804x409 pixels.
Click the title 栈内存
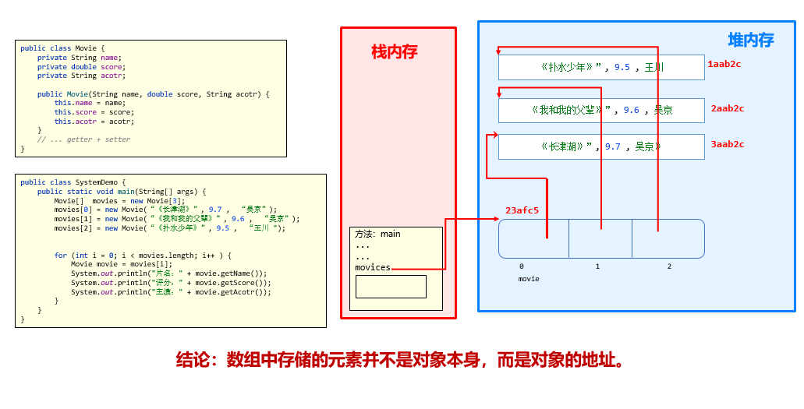pyautogui.click(x=394, y=52)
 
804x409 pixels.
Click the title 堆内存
pyautogui.click(x=750, y=41)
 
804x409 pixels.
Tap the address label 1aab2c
pyautogui.click(x=724, y=64)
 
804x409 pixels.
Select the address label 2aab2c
pyautogui.click(x=727, y=108)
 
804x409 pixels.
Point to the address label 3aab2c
pyautogui.click(x=727, y=144)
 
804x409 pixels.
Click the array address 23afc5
pyautogui.click(x=522, y=210)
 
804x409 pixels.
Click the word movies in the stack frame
pyautogui.click(x=373, y=267)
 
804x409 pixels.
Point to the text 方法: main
pyautogui.click(x=377, y=234)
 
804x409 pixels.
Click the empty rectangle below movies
pyautogui.click(x=391, y=287)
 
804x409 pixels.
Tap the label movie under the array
pyautogui.click(x=529, y=278)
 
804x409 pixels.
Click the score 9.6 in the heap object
pyautogui.click(x=631, y=111)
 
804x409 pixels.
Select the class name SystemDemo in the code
pyautogui.click(x=96, y=182)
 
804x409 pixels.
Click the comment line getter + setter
pyautogui.click(x=84, y=139)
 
